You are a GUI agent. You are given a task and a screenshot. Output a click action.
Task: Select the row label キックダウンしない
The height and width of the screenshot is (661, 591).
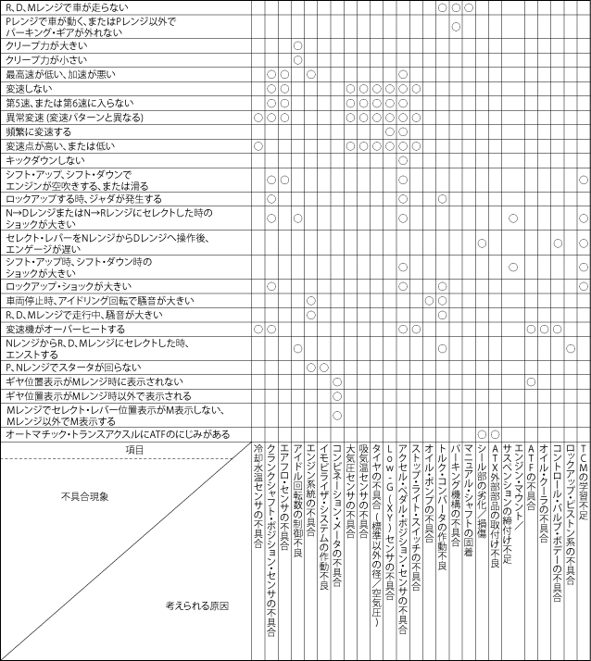[x=38, y=160]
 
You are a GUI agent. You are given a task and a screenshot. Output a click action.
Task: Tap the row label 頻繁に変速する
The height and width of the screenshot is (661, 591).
[x=33, y=131]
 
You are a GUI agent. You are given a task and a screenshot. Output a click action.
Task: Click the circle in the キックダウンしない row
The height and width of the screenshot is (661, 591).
[x=403, y=160]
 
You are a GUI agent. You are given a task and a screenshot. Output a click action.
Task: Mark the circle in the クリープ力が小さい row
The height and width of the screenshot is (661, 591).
[x=297, y=60]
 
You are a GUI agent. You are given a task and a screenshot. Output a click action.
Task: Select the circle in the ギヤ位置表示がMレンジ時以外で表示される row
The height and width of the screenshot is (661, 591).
[x=337, y=396]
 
